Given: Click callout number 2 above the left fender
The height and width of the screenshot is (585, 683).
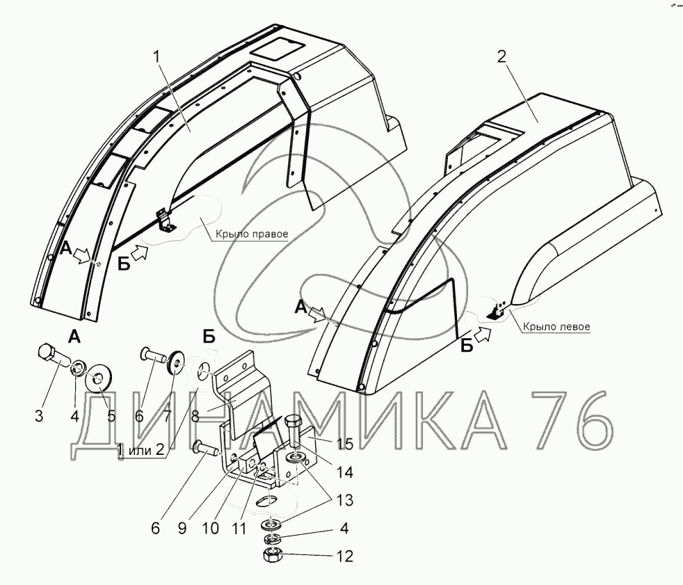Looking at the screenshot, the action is pos(501,57).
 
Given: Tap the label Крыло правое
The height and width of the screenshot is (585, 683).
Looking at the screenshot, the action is pos(252,234).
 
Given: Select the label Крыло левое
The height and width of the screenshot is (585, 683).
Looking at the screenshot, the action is pos(556,326).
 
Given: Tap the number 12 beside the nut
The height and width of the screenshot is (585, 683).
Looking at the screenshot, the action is pos(345,556).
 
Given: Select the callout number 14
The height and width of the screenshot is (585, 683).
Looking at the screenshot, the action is pos(344,472).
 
